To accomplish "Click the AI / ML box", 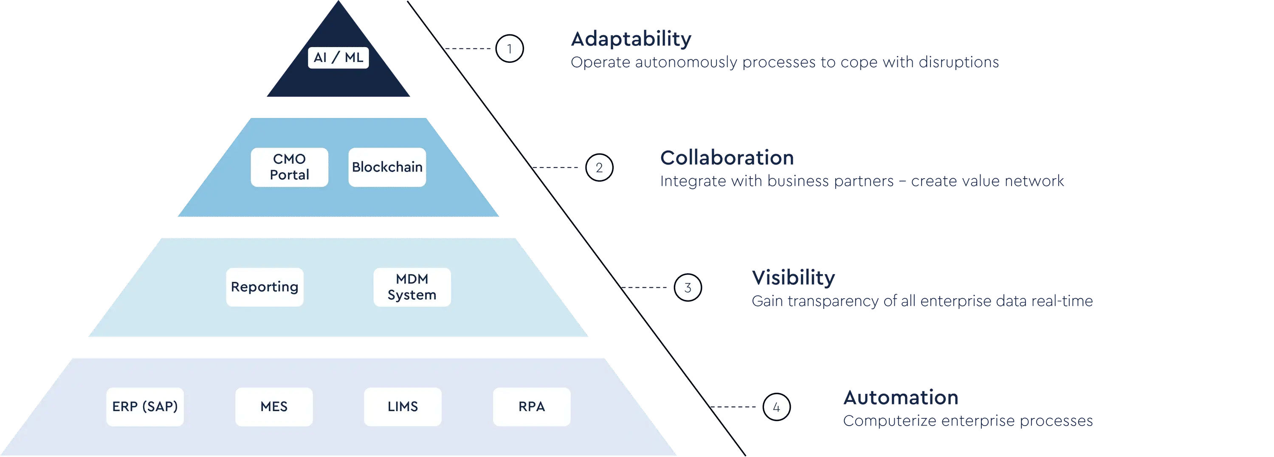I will tap(338, 57).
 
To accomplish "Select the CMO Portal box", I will tap(289, 167).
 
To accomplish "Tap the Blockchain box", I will tap(387, 167).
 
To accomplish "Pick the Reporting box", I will tap(265, 287).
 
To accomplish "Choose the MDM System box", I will tap(412, 287).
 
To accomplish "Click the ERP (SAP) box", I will tap(145, 407).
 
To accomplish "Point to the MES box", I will tap(274, 407).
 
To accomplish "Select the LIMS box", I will tap(403, 407).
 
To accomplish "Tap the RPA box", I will tap(532, 407).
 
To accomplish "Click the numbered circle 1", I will tap(510, 48).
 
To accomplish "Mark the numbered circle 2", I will tap(599, 168).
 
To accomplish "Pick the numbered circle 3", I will tap(688, 288).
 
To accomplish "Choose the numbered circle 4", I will tap(776, 407).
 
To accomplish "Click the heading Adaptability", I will tap(631, 39).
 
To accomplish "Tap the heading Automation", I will tap(901, 398).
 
